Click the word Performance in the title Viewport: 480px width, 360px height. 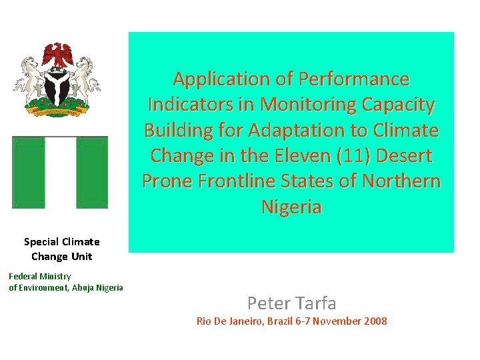pyautogui.click(x=354, y=79)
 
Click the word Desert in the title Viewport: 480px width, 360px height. pyautogui.click(x=405, y=156)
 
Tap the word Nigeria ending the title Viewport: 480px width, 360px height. pyautogui.click(x=291, y=207)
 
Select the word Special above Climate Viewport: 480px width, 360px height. pyautogui.click(x=43, y=242)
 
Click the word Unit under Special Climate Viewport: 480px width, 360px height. pyautogui.click(x=82, y=257)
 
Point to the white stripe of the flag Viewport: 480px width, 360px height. pyautogui.click(x=60, y=172)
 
